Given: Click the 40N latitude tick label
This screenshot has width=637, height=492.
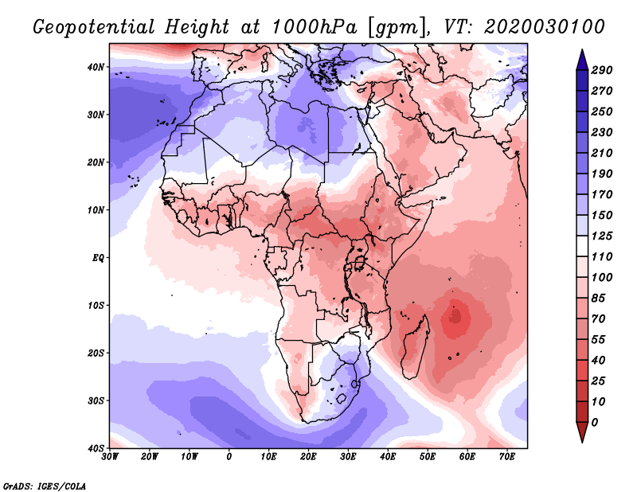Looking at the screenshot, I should point(96,67).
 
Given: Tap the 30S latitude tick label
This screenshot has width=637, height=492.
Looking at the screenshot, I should point(96,400).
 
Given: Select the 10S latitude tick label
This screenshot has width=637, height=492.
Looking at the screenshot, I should point(96,306).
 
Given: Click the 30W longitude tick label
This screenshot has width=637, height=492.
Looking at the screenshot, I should point(110,457).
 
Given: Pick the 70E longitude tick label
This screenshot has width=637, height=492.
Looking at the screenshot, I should point(506,457).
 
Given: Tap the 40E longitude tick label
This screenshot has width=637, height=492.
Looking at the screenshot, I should point(388,457).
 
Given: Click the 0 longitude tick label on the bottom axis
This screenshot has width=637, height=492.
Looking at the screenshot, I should point(229,457).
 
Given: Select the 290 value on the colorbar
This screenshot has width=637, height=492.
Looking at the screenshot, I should point(601,71).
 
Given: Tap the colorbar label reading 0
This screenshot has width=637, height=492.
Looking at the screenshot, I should point(596,421).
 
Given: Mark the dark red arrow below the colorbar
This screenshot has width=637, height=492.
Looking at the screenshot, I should point(581,432).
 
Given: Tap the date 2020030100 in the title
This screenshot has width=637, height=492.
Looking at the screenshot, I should point(544,26).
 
